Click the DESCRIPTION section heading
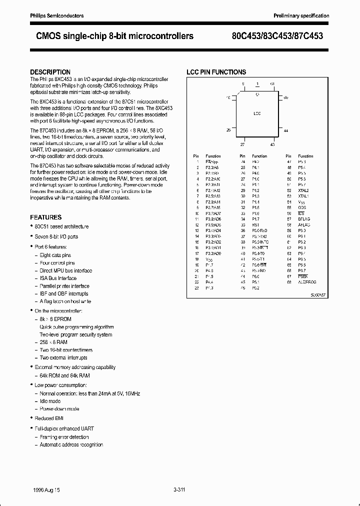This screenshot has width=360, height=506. [x=50, y=72]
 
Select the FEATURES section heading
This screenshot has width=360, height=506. [x=46, y=217]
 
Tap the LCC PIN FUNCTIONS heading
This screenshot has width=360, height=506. [x=216, y=72]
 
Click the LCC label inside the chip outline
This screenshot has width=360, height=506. [x=257, y=113]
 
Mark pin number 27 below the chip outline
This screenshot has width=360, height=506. [x=242, y=144]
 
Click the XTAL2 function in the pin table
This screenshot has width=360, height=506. [x=303, y=190]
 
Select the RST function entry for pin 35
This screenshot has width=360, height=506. [x=255, y=225]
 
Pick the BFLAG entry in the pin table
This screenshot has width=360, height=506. [x=304, y=219]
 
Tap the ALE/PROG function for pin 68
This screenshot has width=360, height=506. [x=307, y=281]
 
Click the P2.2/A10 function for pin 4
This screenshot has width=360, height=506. [x=212, y=178]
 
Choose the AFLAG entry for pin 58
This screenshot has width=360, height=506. [x=304, y=225]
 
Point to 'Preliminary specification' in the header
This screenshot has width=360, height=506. [x=301, y=16]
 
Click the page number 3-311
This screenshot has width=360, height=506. [x=179, y=490]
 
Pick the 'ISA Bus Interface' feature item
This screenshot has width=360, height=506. [x=58, y=278]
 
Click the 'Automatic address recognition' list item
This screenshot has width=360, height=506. [x=71, y=444]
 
